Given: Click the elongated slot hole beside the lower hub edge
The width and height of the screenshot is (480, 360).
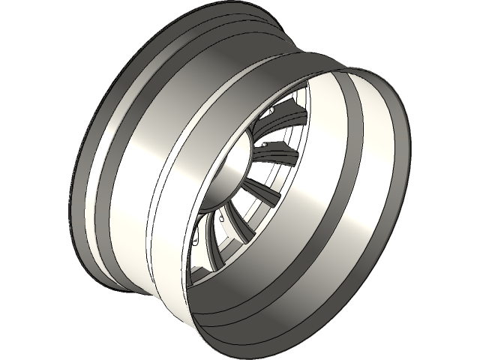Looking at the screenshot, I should (196, 240).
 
